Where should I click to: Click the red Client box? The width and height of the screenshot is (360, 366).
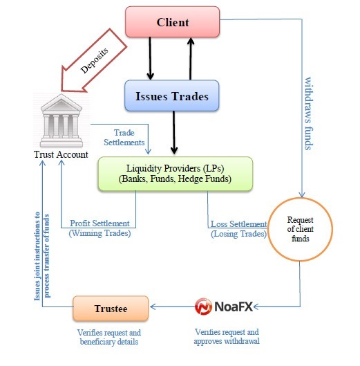point(172,22)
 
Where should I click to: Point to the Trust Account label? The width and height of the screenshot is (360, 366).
point(61,154)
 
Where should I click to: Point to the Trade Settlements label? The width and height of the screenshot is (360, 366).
point(124,137)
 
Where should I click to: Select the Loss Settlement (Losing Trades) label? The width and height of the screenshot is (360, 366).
point(238,228)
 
